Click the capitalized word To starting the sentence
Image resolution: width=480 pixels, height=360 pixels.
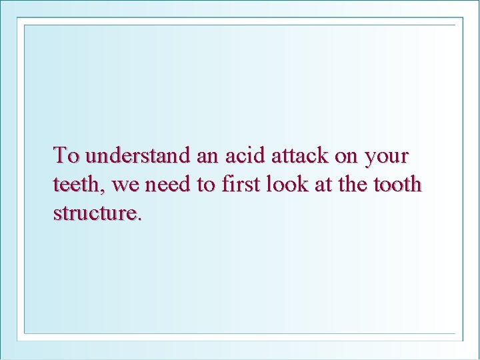pyautogui.click(x=67, y=156)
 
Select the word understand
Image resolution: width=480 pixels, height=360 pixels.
pyautogui.click(x=139, y=156)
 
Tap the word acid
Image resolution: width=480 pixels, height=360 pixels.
pyautogui.click(x=244, y=156)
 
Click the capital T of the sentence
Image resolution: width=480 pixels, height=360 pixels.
pyautogui.click(x=61, y=155)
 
